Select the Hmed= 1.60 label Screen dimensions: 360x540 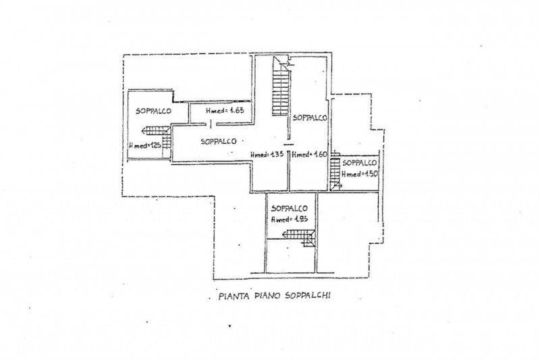[308, 155]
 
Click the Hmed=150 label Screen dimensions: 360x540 [359, 174]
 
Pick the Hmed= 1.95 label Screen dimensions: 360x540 [289, 220]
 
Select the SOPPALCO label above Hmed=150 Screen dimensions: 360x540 [359, 163]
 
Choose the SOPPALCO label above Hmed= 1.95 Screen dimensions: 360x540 [290, 208]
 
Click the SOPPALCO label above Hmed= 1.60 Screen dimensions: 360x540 [310, 118]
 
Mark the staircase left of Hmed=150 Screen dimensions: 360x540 [334, 178]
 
